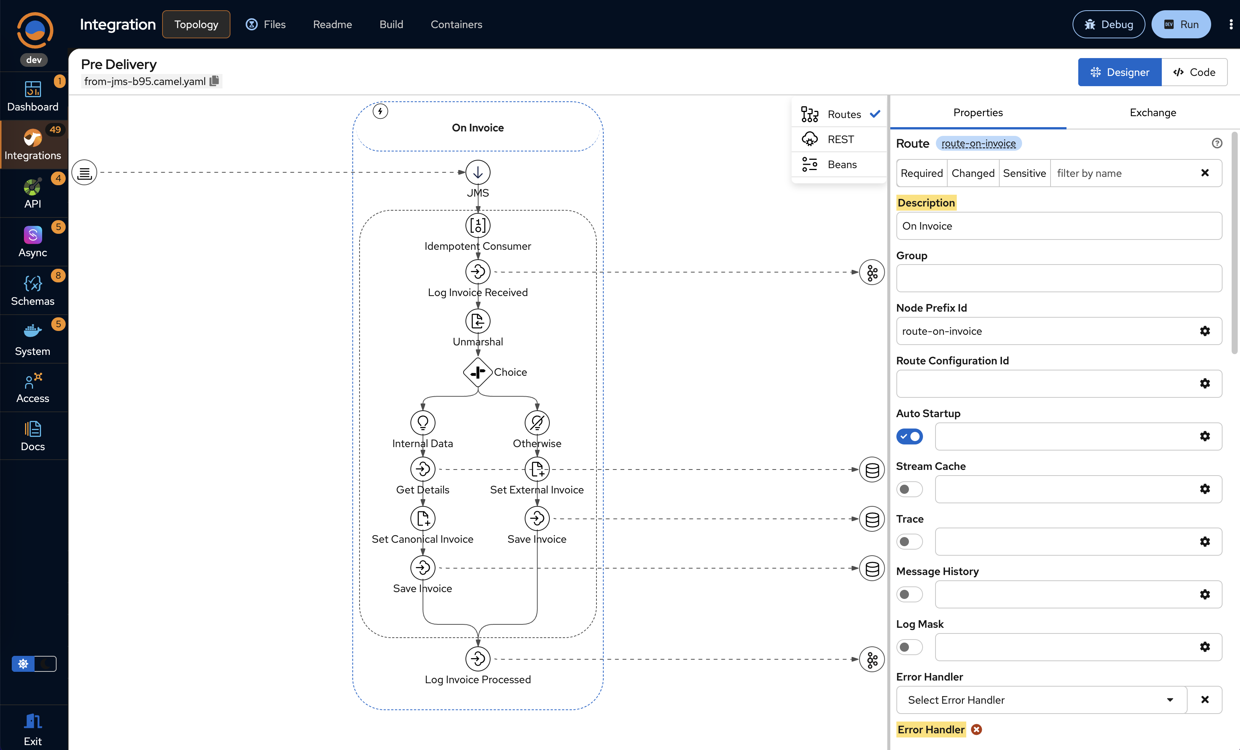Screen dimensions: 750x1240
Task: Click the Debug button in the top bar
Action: (1108, 24)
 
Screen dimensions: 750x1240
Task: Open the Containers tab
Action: (456, 24)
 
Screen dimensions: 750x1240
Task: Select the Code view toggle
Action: (1194, 72)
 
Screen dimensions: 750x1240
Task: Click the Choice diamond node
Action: (477, 372)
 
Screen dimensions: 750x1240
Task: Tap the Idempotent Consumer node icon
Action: (478, 225)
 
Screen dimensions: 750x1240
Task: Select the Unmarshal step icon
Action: (478, 321)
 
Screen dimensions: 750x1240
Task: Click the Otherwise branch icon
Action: (537, 422)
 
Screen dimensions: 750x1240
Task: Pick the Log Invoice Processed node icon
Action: (478, 659)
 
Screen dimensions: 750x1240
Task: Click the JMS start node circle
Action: (478, 173)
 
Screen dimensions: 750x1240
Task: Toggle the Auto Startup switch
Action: (909, 436)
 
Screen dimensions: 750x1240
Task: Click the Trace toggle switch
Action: (909, 542)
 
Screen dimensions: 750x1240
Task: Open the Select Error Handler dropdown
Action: (1041, 700)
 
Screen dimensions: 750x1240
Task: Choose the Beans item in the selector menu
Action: (841, 164)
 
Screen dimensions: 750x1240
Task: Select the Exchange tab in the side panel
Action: (1152, 113)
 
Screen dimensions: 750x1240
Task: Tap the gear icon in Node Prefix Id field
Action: (1205, 331)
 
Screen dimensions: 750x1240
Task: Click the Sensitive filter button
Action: (1024, 173)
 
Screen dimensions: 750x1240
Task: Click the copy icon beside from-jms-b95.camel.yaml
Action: (215, 81)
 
